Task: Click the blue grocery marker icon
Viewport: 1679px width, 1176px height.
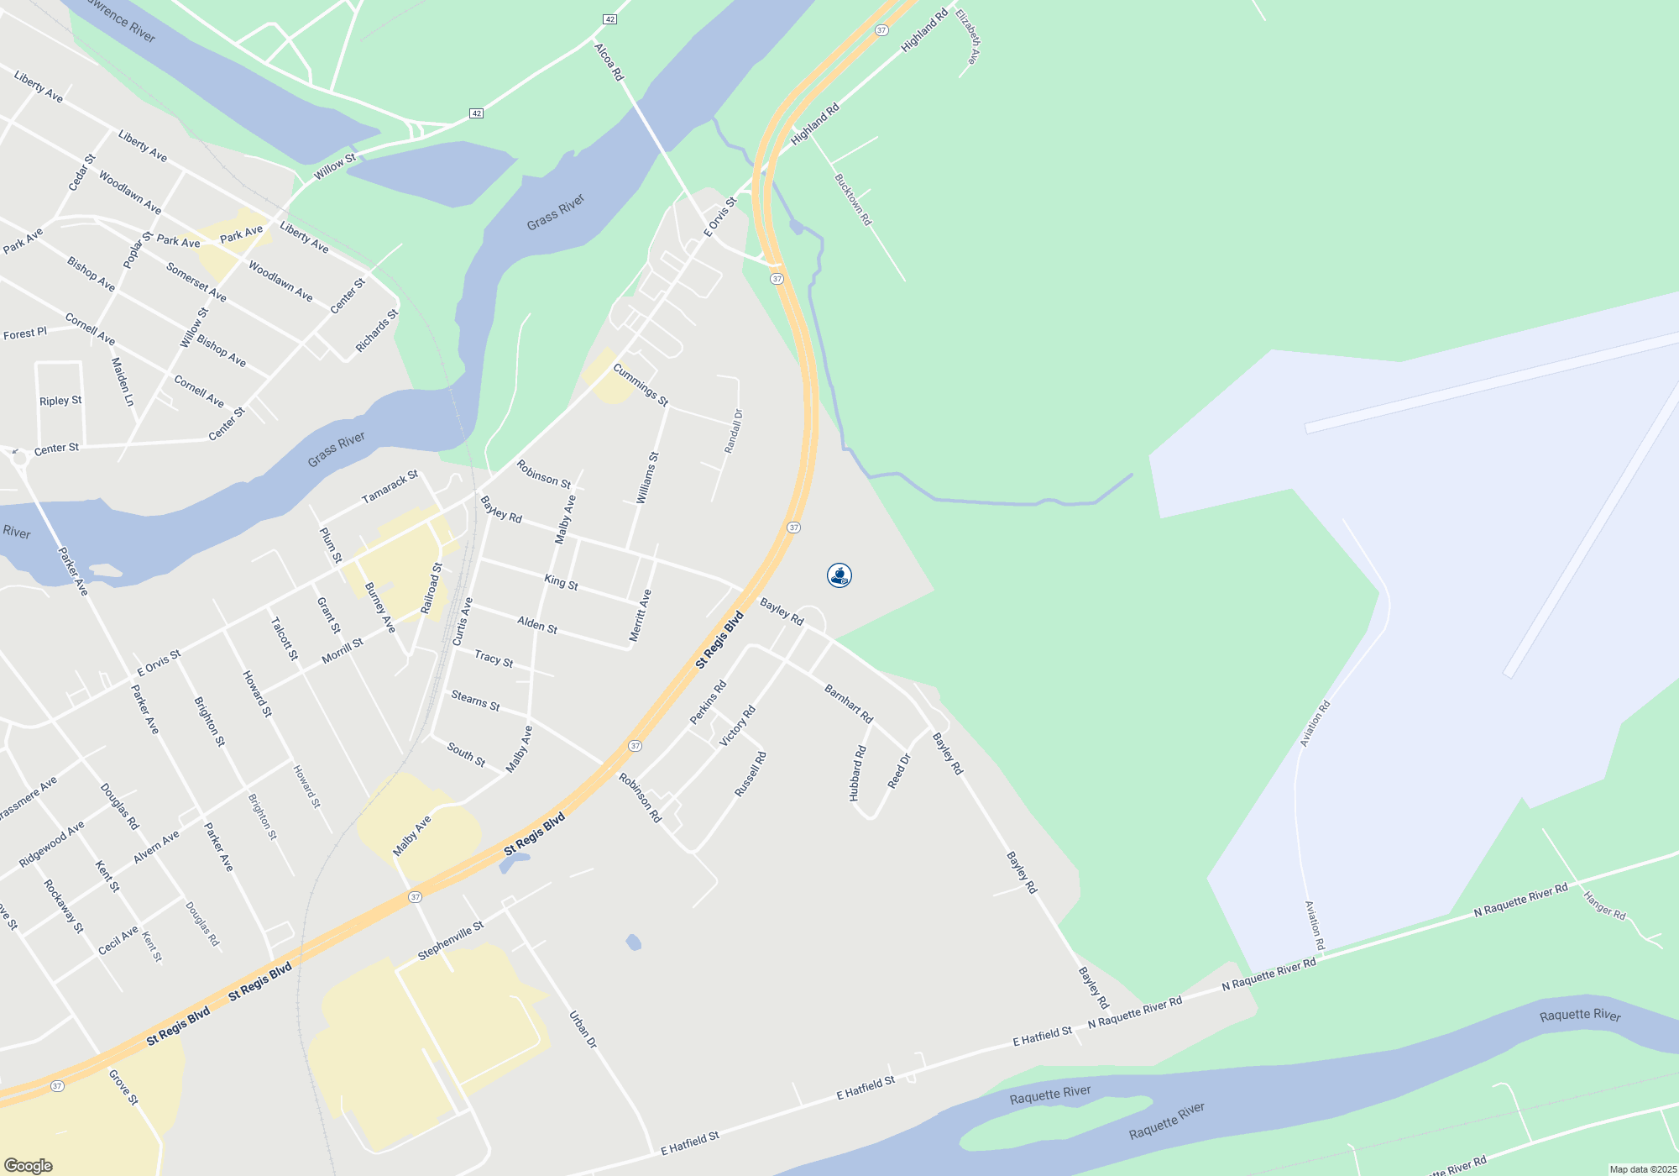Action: pyautogui.click(x=839, y=575)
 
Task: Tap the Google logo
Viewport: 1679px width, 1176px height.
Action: pyautogui.click(x=29, y=1166)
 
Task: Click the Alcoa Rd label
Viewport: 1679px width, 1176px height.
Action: pyautogui.click(x=609, y=62)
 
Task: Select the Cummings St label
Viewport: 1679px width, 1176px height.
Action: pyautogui.click(x=641, y=385)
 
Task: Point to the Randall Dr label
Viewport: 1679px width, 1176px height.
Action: pyautogui.click(x=734, y=431)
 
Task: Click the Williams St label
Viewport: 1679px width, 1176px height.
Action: pyautogui.click(x=647, y=478)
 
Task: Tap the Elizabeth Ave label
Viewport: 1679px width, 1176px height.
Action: pyautogui.click(x=967, y=38)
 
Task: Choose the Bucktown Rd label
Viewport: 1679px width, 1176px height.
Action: pyautogui.click(x=853, y=200)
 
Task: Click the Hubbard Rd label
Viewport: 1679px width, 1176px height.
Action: pyautogui.click(x=857, y=774)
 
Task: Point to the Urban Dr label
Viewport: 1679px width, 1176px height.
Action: pyautogui.click(x=583, y=1030)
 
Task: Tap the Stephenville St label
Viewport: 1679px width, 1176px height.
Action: pyautogui.click(x=451, y=941)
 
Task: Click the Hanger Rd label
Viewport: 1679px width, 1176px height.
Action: pyautogui.click(x=1604, y=906)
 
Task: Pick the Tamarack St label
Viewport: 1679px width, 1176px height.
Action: pyautogui.click(x=390, y=488)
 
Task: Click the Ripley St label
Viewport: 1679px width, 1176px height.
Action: pyautogui.click(x=60, y=401)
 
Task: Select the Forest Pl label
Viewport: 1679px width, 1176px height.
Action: pyautogui.click(x=25, y=333)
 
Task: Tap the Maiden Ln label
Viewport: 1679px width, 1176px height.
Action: pyautogui.click(x=123, y=382)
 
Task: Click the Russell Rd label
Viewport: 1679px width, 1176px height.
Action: pyautogui.click(x=751, y=774)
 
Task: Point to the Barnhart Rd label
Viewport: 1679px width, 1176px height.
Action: pyautogui.click(x=849, y=704)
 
